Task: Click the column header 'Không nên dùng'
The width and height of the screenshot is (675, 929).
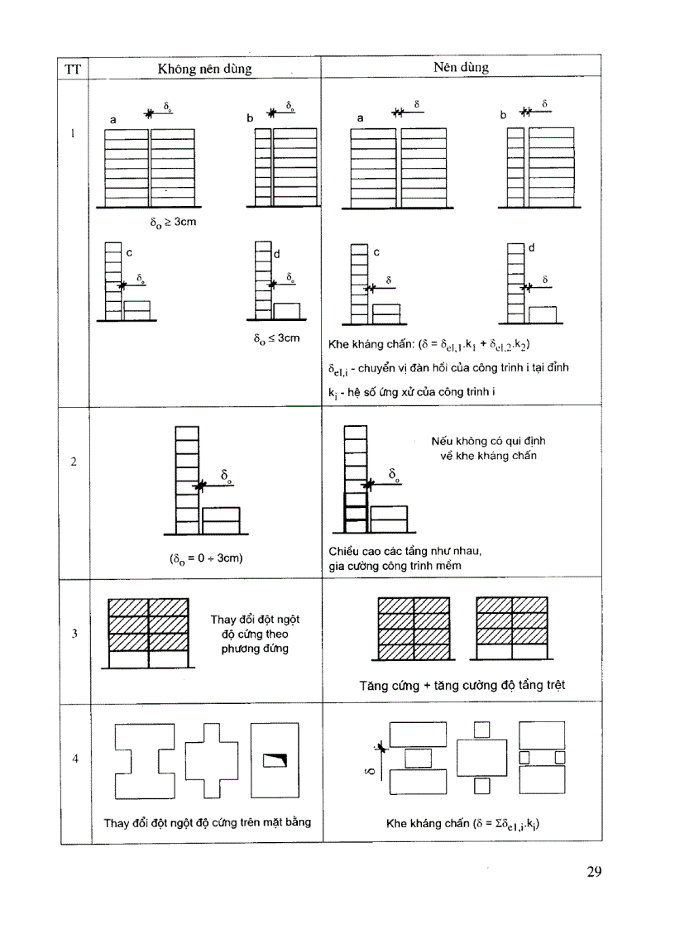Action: coord(204,69)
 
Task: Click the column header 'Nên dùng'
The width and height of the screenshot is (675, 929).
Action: coord(460,68)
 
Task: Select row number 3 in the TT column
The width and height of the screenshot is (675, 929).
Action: coord(74,634)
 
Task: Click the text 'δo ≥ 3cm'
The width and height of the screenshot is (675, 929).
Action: coord(171,223)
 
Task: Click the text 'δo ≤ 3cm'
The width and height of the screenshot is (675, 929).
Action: coord(277,338)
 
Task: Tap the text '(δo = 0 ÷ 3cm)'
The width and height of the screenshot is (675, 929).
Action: coord(206,558)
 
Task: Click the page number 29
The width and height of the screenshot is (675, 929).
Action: coord(594,871)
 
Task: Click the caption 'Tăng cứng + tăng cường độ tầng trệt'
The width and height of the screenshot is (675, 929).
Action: coord(463,685)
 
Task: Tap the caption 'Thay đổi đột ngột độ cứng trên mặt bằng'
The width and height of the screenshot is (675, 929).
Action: coord(201,822)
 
